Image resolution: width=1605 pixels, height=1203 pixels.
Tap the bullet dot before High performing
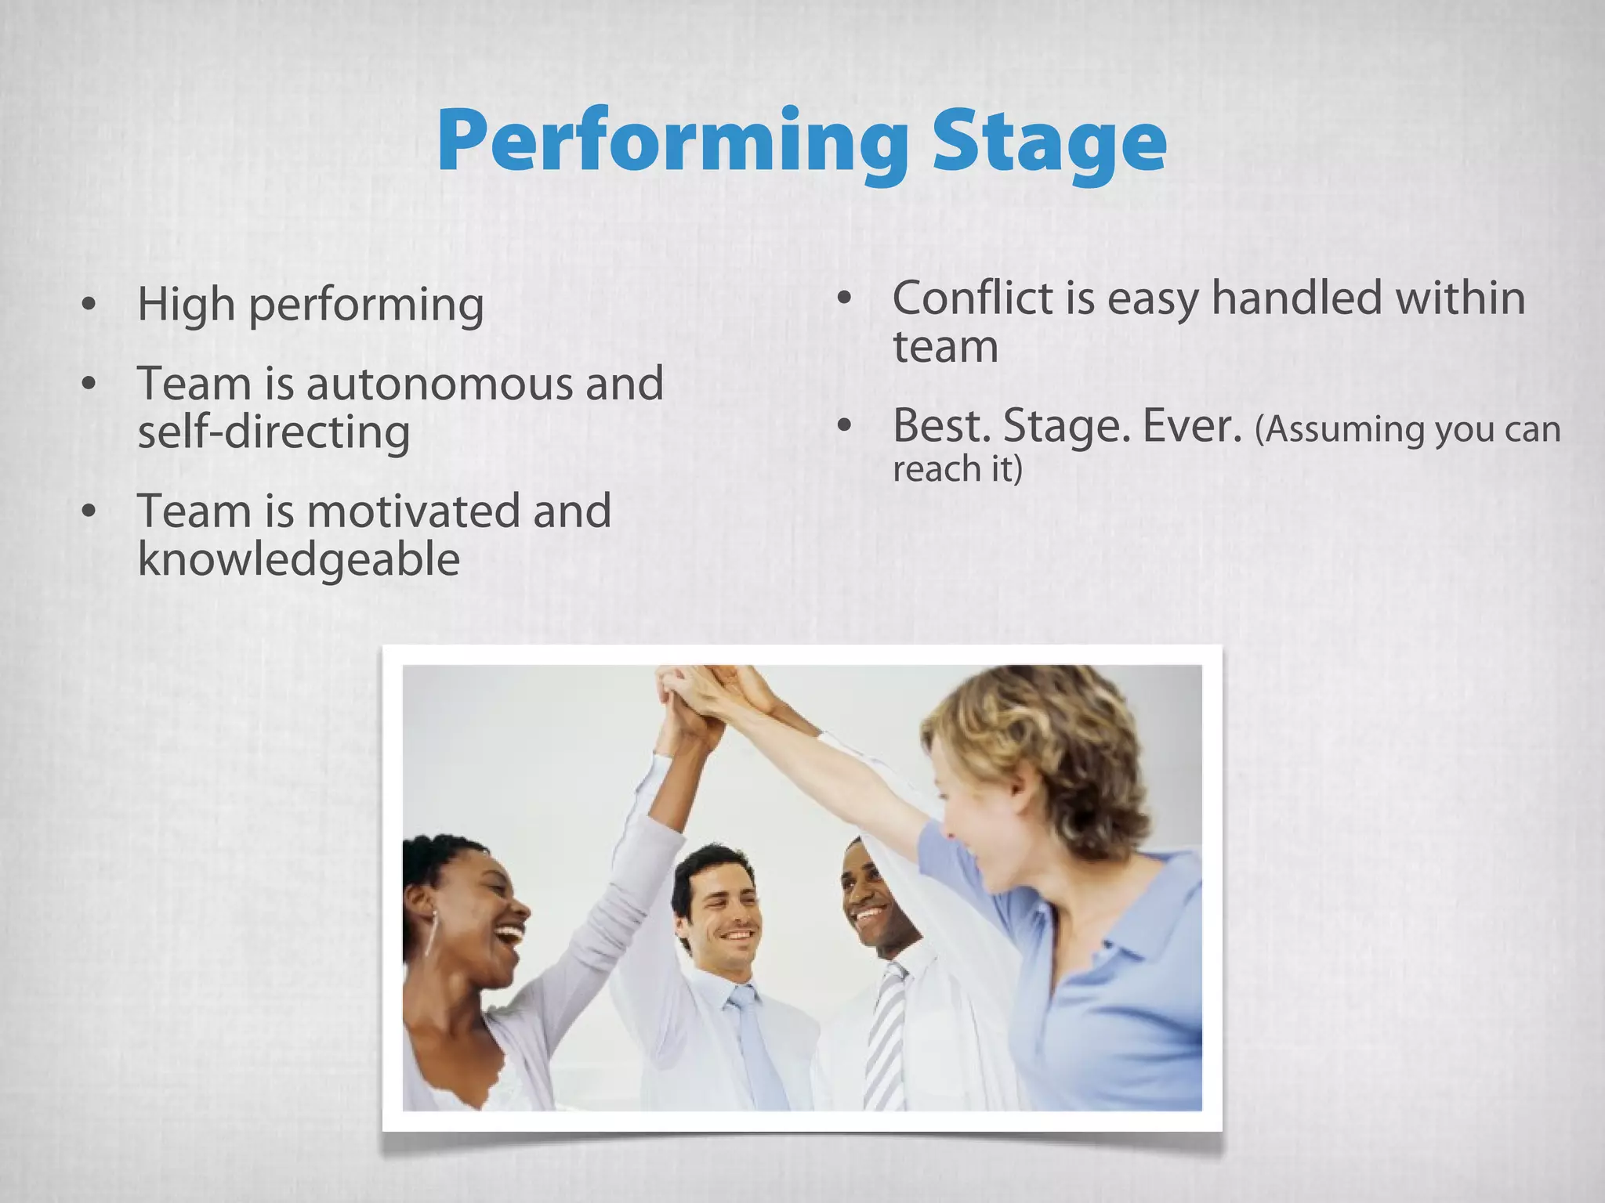[89, 304]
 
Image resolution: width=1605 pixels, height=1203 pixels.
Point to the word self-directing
[274, 432]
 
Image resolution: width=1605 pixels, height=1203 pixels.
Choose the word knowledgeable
[299, 559]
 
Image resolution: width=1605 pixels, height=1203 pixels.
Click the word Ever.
[1191, 426]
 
